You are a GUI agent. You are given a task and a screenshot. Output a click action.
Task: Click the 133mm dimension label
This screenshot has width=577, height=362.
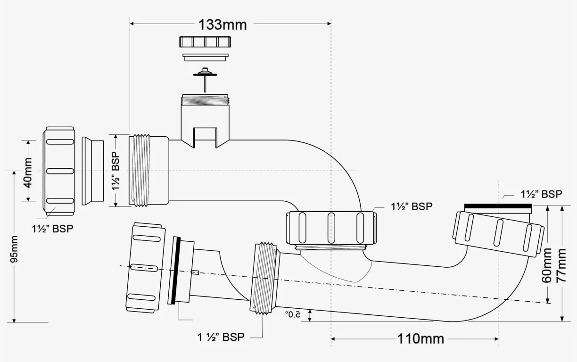pyautogui.click(x=223, y=25)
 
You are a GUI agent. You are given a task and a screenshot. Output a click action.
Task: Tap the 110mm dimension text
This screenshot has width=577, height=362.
pyautogui.click(x=421, y=339)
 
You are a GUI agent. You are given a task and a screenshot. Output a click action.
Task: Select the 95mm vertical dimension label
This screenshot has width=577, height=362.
pyautogui.click(x=14, y=249)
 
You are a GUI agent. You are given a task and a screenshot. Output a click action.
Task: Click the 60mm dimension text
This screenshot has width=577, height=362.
pyautogui.click(x=547, y=265)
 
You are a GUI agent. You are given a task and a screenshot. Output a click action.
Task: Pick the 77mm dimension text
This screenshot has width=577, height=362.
pyautogui.click(x=561, y=265)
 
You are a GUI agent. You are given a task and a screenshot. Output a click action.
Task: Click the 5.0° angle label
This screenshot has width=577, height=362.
pyautogui.click(x=293, y=314)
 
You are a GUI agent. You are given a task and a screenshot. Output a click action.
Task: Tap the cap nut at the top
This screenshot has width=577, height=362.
pyautogui.click(x=205, y=41)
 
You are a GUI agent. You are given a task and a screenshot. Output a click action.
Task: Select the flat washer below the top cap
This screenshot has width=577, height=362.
pyautogui.click(x=206, y=57)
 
